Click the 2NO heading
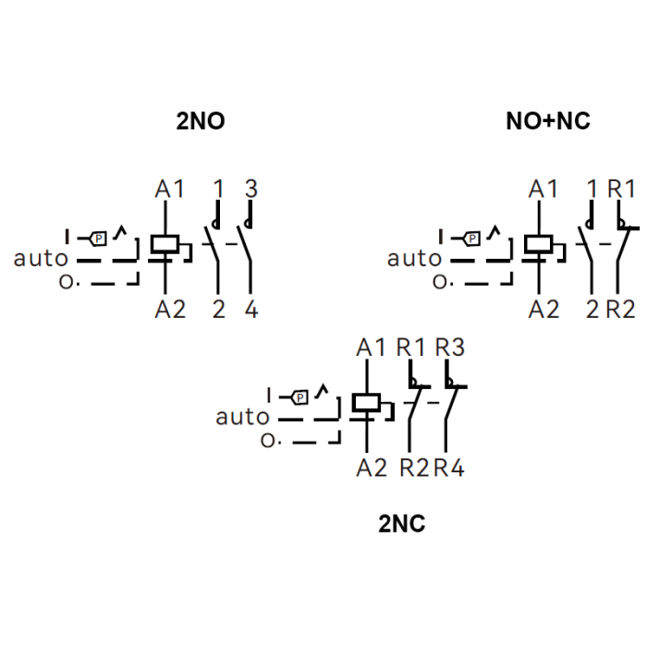[x=201, y=121]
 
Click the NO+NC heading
[x=548, y=121]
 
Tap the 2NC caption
[x=401, y=524]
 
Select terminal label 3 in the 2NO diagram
[x=251, y=189]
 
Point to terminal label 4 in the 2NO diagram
[x=251, y=309]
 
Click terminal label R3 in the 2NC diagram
[x=450, y=347]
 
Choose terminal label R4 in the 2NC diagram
[x=449, y=468]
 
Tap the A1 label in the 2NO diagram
[x=169, y=189]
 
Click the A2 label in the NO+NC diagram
[x=543, y=309]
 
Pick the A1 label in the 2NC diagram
[x=371, y=348]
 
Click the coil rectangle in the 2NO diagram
[x=165, y=244]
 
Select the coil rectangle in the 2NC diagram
[x=366, y=403]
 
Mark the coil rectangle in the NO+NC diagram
[x=539, y=244]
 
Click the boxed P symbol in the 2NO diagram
[x=98, y=238]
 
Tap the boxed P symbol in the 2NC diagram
[x=300, y=397]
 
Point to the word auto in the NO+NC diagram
[x=414, y=259]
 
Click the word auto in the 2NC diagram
[x=242, y=417]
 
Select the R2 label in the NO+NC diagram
[x=620, y=309]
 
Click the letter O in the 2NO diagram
[x=66, y=282]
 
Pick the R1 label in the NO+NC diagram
[x=621, y=189]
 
